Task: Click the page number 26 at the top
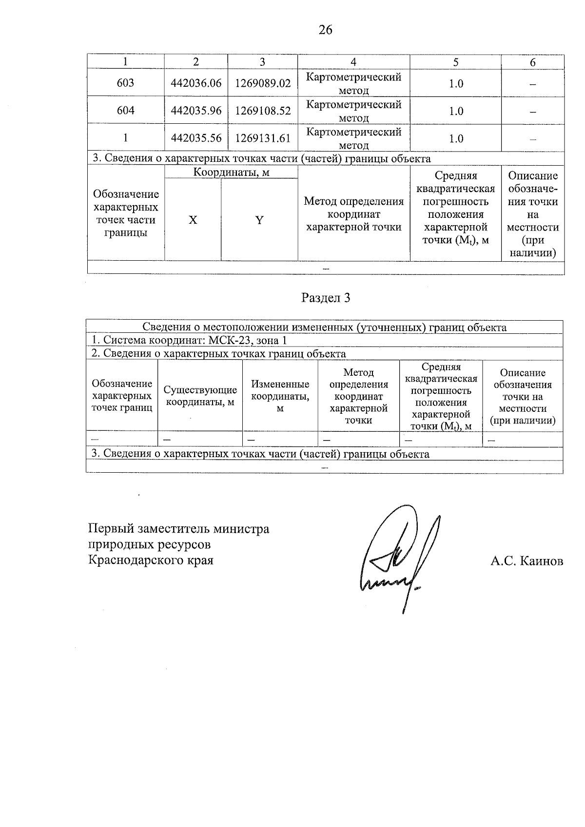[x=325, y=30]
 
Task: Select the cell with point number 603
[x=125, y=83]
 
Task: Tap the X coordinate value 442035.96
[x=196, y=111]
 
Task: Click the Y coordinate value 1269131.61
[x=263, y=138]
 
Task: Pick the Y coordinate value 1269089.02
[x=263, y=83]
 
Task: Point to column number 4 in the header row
[x=353, y=62]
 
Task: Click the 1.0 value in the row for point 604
[x=456, y=111]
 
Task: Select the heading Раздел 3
[x=326, y=298]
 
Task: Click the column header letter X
[x=193, y=220]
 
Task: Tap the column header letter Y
[x=259, y=220]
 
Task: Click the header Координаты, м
[x=231, y=172]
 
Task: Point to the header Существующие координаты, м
[x=200, y=396]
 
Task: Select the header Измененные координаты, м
[x=280, y=396]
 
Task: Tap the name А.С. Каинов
[x=526, y=561]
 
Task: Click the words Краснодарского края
[x=151, y=560]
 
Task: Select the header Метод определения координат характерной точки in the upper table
[x=353, y=214]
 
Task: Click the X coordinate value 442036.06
[x=196, y=83]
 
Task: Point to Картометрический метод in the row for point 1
[x=353, y=138]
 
